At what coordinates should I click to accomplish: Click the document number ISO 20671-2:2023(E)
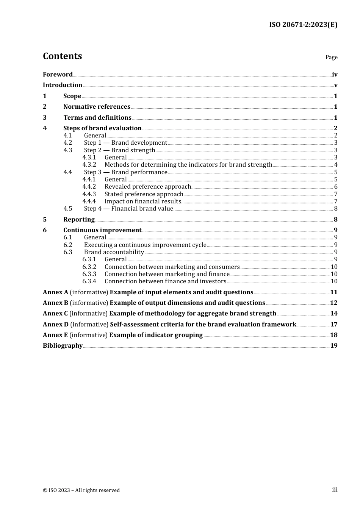click(x=303, y=25)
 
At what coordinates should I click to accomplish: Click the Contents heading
click(x=62, y=56)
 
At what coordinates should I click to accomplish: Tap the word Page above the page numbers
click(x=331, y=57)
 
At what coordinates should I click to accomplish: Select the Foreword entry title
click(x=58, y=75)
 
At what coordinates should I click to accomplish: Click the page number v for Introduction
click(x=335, y=85)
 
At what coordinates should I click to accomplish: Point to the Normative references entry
click(x=97, y=107)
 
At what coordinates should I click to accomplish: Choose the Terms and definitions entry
click(x=97, y=118)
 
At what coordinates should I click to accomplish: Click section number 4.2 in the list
click(x=68, y=143)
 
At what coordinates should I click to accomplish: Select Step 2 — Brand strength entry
click(x=119, y=150)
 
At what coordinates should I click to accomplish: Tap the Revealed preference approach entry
click(x=147, y=187)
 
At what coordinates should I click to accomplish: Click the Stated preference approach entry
click(x=144, y=194)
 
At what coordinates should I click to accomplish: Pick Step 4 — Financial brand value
click(x=128, y=209)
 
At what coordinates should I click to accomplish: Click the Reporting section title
click(x=79, y=220)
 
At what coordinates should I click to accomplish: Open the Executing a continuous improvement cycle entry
click(x=145, y=245)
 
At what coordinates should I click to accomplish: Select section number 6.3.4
click(x=89, y=281)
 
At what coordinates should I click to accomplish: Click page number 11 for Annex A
click(x=333, y=292)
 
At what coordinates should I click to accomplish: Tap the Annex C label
click(x=55, y=314)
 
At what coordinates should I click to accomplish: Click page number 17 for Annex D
click(x=333, y=325)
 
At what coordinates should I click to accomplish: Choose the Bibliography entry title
click(x=63, y=346)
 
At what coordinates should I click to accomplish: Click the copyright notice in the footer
click(x=81, y=490)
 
